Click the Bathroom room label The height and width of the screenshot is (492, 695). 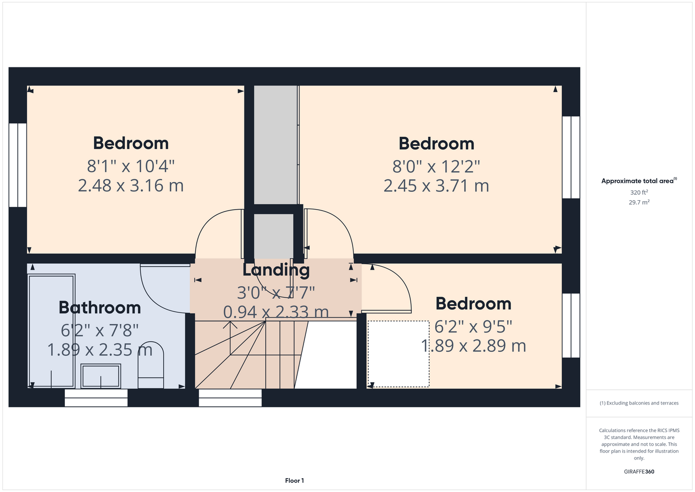pos(99,307)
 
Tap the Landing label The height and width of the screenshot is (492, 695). pos(276,270)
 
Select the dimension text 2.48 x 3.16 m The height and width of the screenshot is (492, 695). pos(131,185)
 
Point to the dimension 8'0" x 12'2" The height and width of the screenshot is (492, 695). pos(436,166)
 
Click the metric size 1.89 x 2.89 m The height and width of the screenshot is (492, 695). pos(474,346)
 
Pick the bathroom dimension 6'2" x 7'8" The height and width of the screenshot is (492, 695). pos(99,330)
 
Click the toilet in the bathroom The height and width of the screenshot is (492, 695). pos(151,365)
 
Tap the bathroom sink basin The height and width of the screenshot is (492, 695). pos(101,376)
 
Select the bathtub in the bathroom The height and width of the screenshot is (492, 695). pos(52,331)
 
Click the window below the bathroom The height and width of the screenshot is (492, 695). pos(96,398)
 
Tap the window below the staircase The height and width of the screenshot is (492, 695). pos(230,398)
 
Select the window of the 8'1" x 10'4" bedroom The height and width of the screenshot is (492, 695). pos(18,165)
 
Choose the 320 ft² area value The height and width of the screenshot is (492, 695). pos(639,192)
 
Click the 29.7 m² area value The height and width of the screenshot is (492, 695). pos(639,202)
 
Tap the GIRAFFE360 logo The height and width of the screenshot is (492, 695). pos(639,472)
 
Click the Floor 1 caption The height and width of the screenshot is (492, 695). pos(295,481)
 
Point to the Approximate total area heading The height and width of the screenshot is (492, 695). pos(639,181)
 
